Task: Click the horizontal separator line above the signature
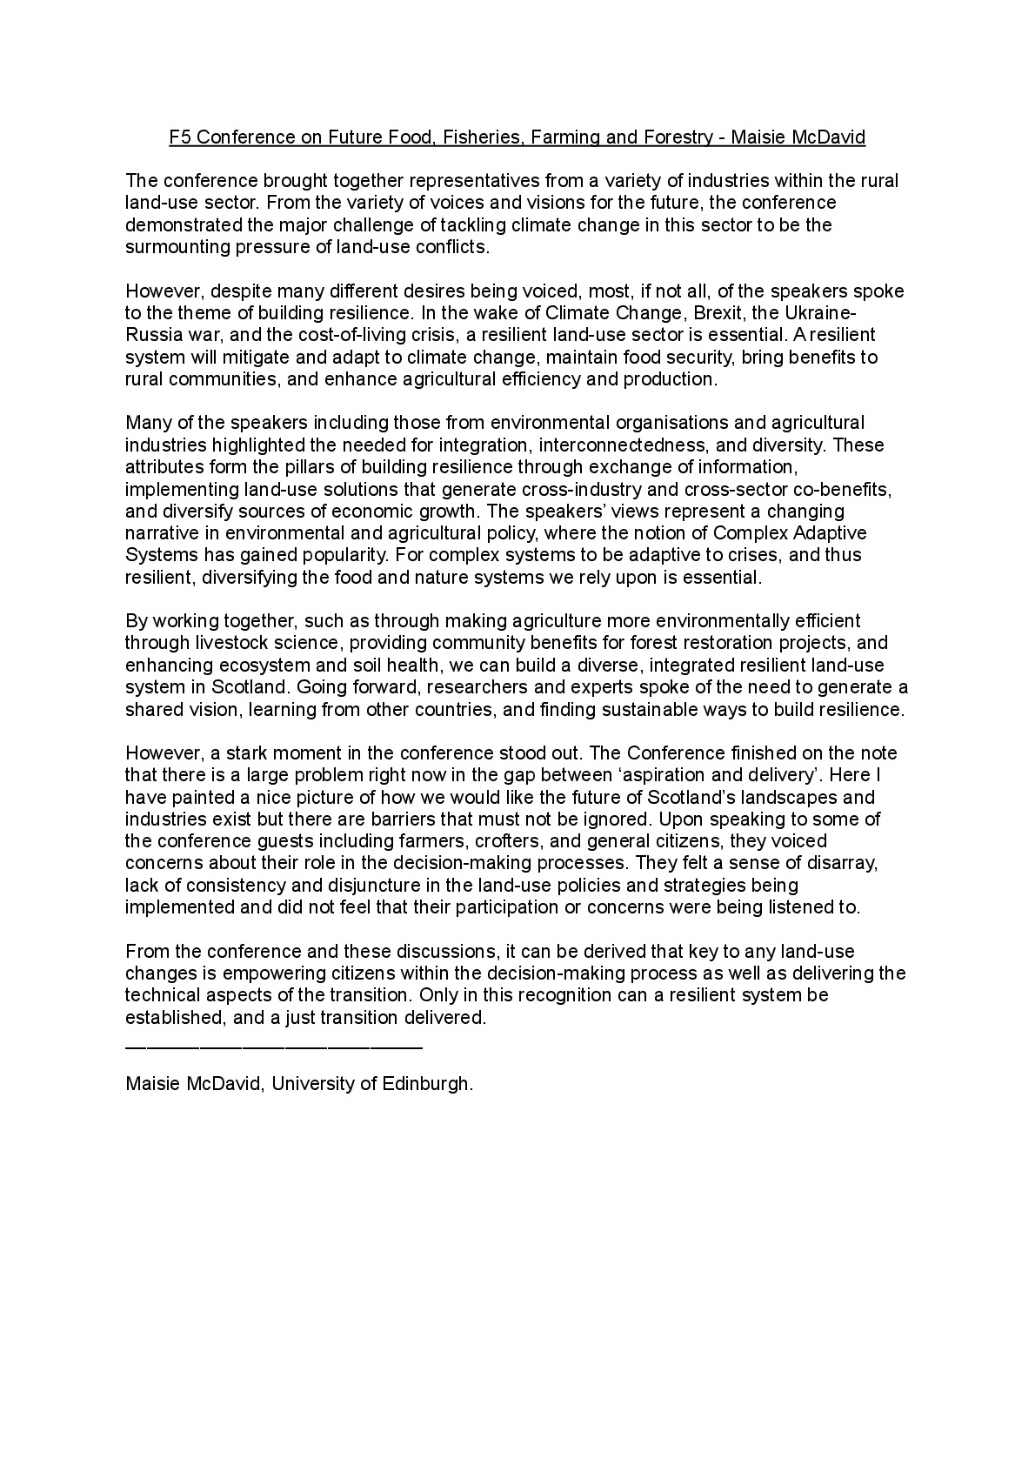274,1047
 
